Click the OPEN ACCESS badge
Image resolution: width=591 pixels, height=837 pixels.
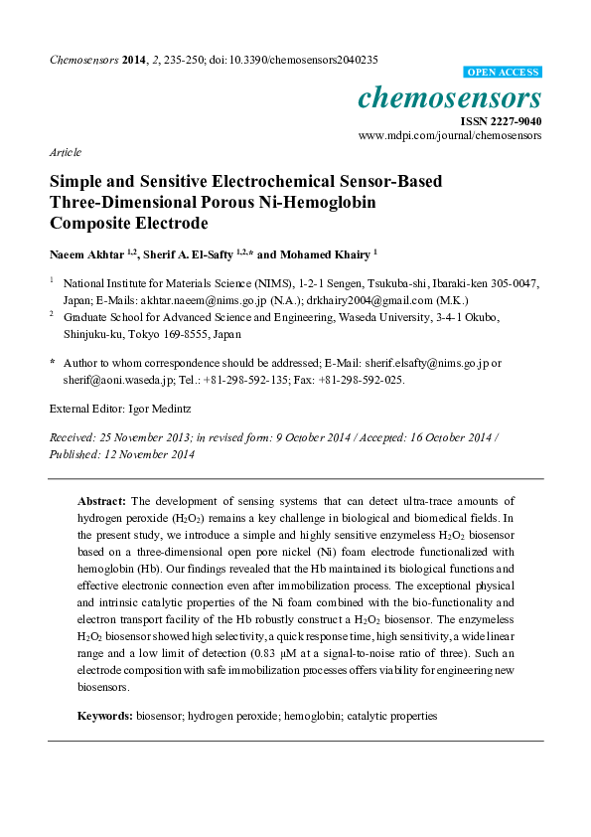pos(503,73)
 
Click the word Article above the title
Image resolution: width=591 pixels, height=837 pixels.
pos(65,152)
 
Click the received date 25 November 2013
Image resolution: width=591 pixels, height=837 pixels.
pos(143,437)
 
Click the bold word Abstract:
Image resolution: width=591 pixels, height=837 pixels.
pos(103,500)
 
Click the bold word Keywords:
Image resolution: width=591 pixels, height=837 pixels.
pos(105,716)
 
